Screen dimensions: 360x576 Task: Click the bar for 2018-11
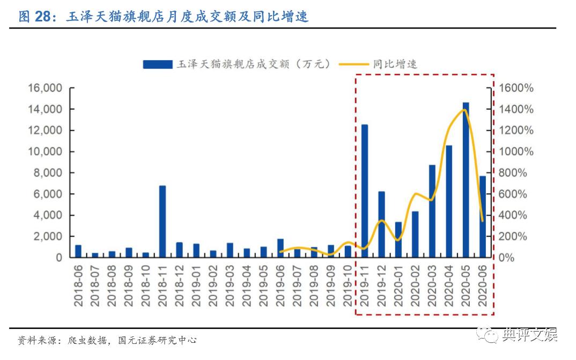(x=163, y=221)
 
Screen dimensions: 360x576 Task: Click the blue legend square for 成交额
(x=157, y=64)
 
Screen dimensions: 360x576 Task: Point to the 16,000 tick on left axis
(x=45, y=89)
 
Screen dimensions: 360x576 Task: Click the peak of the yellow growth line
(x=464, y=110)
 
